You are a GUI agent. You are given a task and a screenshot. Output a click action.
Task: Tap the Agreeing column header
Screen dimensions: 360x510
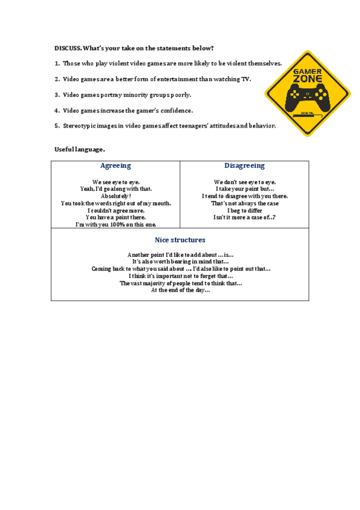(115, 165)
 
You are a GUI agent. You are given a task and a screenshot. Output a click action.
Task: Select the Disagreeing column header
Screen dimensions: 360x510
(245, 165)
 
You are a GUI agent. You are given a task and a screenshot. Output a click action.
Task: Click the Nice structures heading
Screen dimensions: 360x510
(180, 239)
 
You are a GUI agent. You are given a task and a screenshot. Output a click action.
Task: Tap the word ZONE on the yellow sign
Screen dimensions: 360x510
(307, 79)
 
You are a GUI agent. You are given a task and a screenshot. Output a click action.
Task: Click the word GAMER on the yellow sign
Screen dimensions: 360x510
(307, 71)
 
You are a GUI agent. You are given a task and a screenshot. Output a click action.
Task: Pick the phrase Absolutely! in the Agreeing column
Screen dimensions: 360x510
(115, 196)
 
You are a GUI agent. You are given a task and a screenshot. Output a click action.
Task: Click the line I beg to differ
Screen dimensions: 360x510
(245, 210)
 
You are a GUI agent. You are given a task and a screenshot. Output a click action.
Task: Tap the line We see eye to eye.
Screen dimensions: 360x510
(115, 182)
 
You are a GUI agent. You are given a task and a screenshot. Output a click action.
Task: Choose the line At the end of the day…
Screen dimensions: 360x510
(180, 290)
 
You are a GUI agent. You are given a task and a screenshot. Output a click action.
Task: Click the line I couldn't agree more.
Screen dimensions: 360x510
(115, 210)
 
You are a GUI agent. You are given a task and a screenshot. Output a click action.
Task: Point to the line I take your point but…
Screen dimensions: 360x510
(245, 189)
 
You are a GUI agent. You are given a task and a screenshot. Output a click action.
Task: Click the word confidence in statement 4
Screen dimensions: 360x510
(175, 110)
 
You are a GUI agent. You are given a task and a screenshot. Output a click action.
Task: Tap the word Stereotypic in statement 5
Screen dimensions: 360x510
(81, 126)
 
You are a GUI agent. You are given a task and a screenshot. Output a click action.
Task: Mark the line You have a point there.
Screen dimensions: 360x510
(115, 218)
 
